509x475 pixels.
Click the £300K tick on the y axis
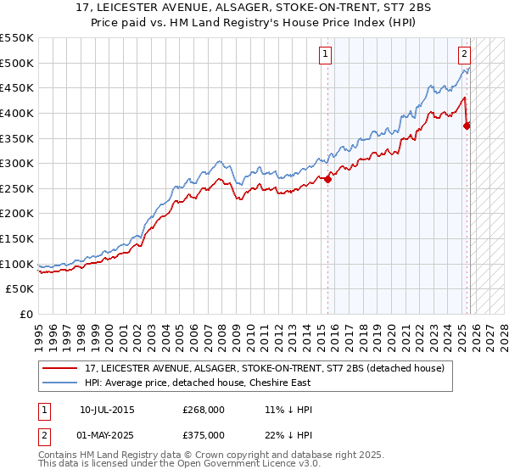[x=17, y=163]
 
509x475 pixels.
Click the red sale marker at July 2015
[x=328, y=179]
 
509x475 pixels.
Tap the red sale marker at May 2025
[x=467, y=126]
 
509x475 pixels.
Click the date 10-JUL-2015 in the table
[x=107, y=410]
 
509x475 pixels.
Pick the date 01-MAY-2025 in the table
[x=108, y=434]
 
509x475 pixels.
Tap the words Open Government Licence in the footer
[x=238, y=466]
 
